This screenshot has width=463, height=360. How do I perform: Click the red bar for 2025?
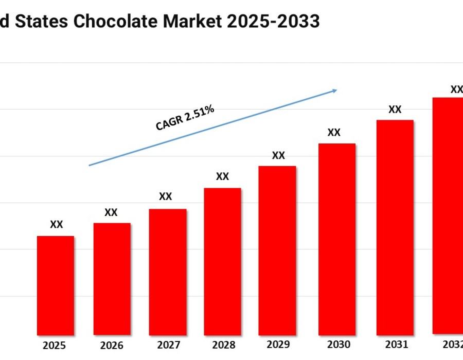click(56, 285)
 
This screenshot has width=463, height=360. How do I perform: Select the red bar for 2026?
click(112, 279)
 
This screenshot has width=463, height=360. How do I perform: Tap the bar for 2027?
click(167, 272)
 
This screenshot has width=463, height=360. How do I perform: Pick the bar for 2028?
click(222, 261)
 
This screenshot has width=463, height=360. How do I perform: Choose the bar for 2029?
click(277, 250)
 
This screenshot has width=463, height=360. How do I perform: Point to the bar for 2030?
click(337, 239)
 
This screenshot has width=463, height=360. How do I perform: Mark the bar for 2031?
click(395, 227)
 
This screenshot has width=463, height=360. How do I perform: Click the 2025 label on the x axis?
click(55, 346)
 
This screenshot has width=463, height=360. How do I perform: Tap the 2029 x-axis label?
click(278, 344)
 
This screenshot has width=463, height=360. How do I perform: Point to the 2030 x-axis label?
click(338, 345)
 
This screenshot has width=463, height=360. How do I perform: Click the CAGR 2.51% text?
click(184, 118)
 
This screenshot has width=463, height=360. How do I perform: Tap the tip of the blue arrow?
click(336, 90)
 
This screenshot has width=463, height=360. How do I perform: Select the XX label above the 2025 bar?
click(57, 225)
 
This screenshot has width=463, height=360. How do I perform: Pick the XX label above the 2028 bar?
click(222, 176)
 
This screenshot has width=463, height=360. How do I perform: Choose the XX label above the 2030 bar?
click(334, 132)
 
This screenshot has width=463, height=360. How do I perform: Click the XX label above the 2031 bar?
click(395, 109)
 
